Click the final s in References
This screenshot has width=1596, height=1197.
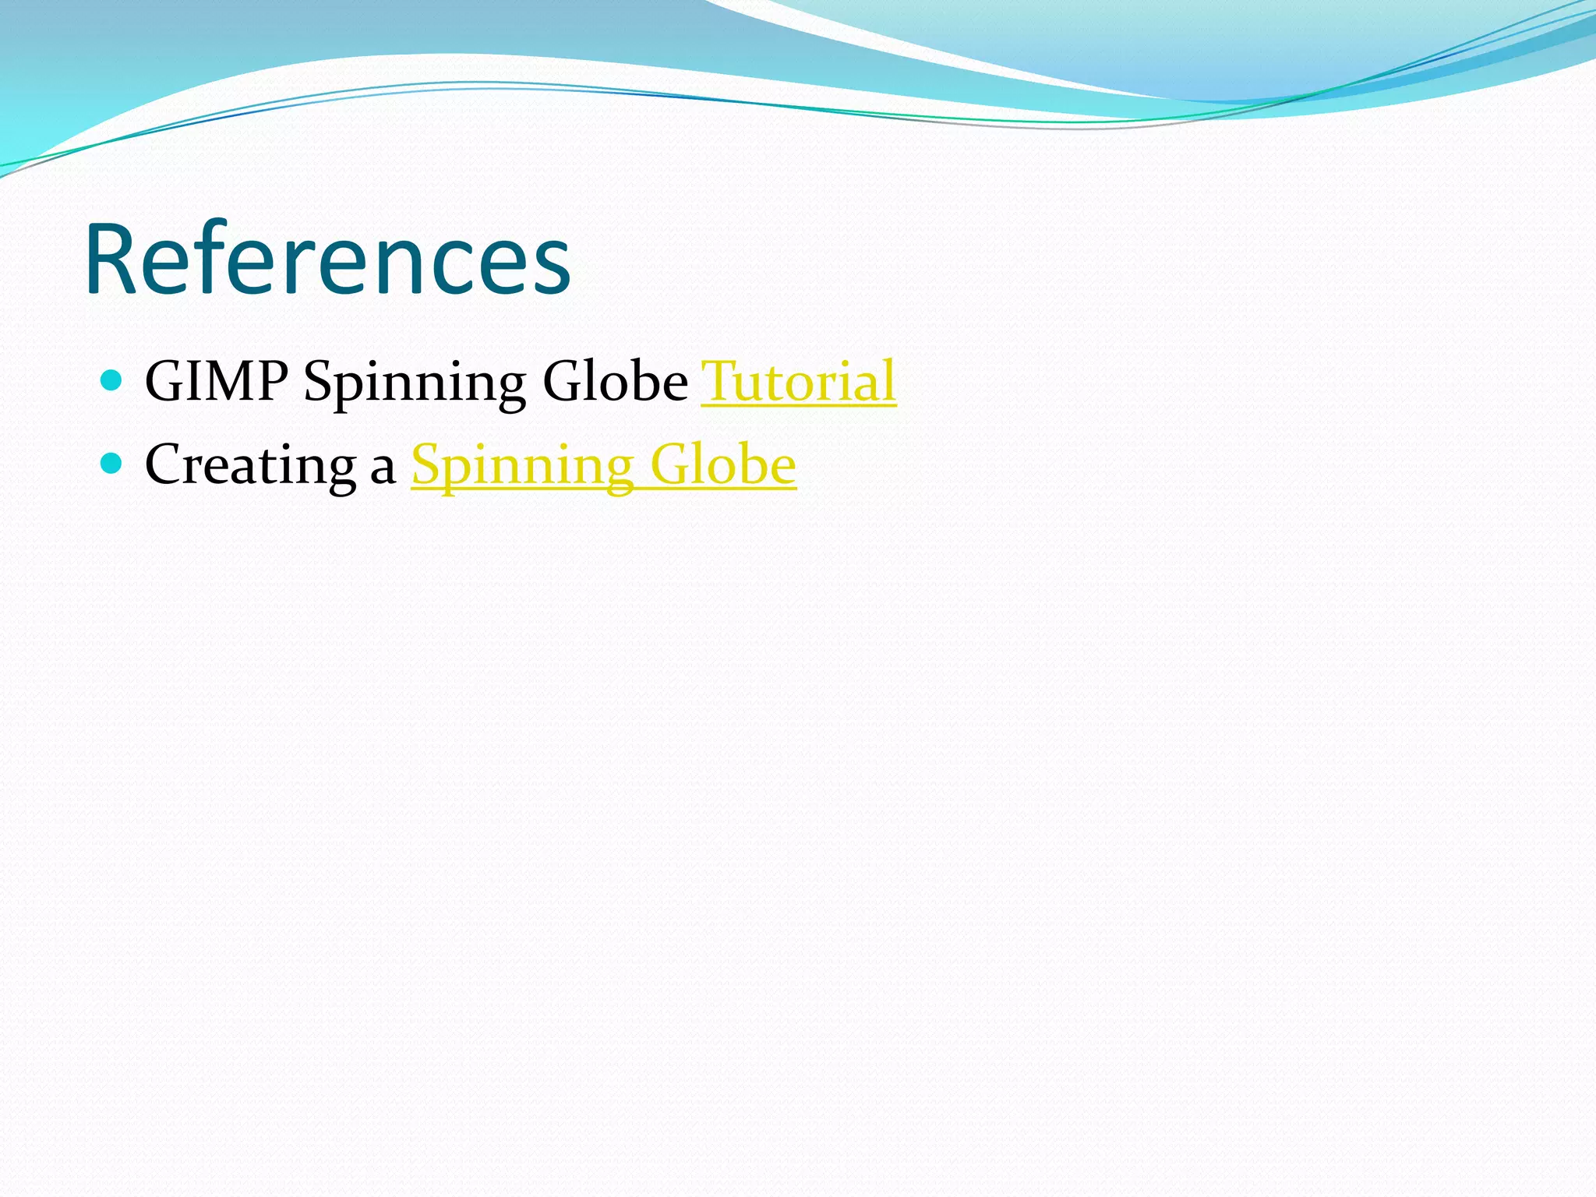(552, 269)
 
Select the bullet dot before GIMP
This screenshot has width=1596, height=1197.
(112, 380)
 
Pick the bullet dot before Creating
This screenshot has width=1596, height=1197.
(112, 464)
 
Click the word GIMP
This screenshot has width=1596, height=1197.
(217, 382)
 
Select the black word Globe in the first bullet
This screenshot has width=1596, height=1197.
(615, 382)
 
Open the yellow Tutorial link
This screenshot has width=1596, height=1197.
(799, 382)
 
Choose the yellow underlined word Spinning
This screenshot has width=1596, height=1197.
(522, 466)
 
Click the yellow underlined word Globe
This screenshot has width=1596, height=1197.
(723, 465)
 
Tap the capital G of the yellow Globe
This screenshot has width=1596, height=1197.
(668, 465)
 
